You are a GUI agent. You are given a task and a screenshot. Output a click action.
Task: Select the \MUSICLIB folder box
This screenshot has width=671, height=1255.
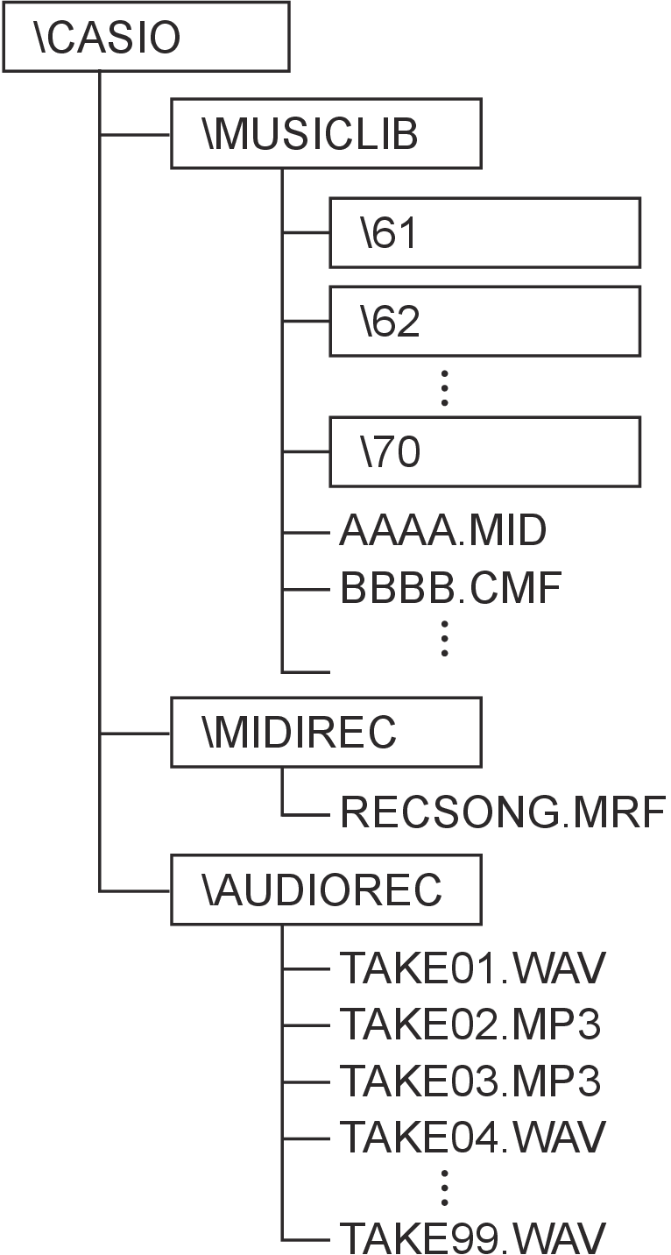[x=326, y=133]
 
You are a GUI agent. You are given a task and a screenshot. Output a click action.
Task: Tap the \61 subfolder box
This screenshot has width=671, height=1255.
[x=484, y=232]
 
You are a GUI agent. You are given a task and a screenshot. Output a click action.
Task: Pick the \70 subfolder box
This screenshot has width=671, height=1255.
[x=484, y=451]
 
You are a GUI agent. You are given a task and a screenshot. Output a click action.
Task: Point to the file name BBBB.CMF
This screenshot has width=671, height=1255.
[x=449, y=590]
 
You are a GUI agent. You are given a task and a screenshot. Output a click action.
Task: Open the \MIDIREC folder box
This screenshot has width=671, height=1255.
[x=326, y=732]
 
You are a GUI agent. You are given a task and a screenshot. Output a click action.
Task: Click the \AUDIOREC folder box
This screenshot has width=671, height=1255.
[x=326, y=890]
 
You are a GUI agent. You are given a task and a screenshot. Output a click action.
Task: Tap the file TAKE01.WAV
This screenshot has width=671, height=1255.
[x=472, y=968]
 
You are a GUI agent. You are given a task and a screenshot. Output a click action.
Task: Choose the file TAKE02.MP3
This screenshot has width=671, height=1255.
[x=470, y=1024]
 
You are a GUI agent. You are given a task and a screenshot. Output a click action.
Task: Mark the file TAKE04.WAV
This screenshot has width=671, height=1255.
[x=472, y=1137]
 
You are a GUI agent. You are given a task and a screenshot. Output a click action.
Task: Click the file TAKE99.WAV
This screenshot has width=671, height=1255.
[x=472, y=1237]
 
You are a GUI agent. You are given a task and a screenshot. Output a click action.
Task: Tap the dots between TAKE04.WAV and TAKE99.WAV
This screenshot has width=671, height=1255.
[x=445, y=1187]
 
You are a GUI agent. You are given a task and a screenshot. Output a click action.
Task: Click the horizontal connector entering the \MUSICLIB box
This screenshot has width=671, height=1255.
[x=136, y=134]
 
